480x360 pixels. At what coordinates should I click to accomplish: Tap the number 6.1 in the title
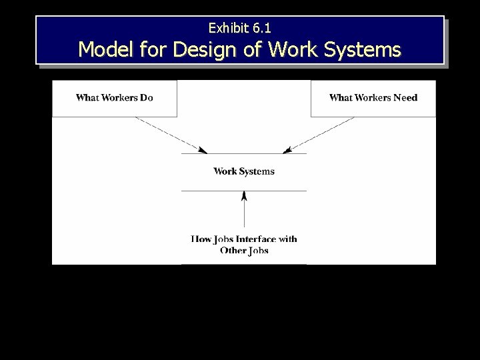coord(262,28)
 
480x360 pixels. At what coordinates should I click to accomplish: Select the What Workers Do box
coord(115,98)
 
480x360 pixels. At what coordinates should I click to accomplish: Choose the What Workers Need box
coord(373,98)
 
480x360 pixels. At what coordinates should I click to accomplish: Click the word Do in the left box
coord(147,97)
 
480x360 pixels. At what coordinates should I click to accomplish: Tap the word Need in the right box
coord(405,97)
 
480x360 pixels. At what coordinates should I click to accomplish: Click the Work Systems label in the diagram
coord(244,171)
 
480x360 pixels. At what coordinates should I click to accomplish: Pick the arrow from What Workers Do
coord(170,134)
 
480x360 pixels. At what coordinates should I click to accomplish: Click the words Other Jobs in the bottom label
coord(244,250)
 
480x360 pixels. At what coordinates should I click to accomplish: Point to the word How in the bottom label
coord(201,239)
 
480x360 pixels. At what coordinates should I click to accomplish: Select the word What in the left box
coord(87,97)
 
